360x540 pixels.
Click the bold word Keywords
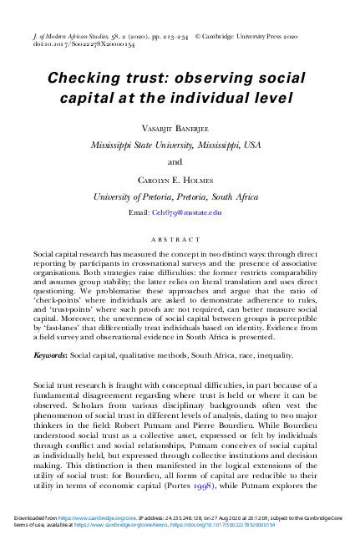(49, 332)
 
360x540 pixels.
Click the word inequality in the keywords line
(269, 332)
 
